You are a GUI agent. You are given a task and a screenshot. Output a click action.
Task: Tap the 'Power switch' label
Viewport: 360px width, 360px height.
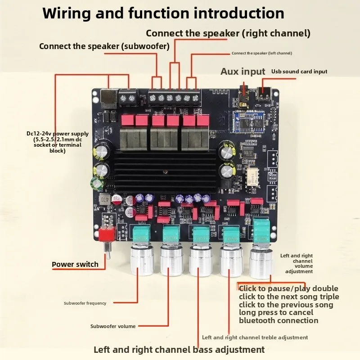click(75, 264)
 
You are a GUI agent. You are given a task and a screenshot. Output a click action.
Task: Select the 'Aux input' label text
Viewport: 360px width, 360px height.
click(243, 72)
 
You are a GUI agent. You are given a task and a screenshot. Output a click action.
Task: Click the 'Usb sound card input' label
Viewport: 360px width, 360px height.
click(299, 72)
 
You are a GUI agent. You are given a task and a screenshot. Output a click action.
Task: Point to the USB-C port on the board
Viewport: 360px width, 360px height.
click(265, 94)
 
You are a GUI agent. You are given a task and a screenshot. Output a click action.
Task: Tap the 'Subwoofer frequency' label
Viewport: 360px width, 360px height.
click(85, 303)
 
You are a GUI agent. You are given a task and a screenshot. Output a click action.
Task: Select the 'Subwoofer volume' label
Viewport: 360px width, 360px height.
click(113, 326)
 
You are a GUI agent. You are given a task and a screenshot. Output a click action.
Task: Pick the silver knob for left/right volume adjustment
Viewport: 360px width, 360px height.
click(261, 264)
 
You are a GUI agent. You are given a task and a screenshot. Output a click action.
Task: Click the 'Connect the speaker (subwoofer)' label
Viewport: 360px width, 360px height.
click(104, 46)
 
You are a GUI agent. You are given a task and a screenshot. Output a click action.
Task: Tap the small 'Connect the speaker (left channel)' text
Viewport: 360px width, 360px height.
click(262, 53)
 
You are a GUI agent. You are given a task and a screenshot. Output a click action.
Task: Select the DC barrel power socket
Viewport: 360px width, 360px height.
click(108, 99)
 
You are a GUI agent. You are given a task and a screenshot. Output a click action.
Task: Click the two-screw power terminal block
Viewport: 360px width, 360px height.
click(128, 98)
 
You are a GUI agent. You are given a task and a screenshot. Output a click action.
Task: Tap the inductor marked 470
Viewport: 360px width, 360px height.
click(104, 199)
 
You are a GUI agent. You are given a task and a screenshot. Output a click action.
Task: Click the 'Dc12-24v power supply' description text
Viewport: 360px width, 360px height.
click(58, 142)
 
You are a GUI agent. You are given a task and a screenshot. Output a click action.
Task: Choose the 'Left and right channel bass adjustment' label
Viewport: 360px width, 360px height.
click(179, 350)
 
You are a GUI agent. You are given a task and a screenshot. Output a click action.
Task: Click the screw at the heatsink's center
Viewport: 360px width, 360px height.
click(165, 172)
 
